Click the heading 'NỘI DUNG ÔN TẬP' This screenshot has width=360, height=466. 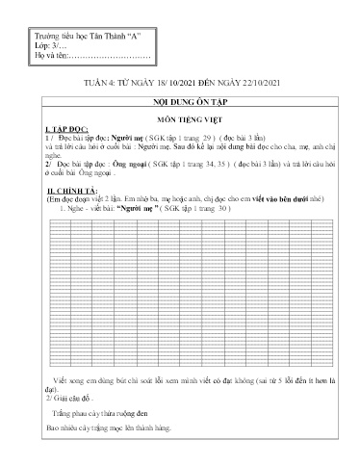(180, 101)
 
